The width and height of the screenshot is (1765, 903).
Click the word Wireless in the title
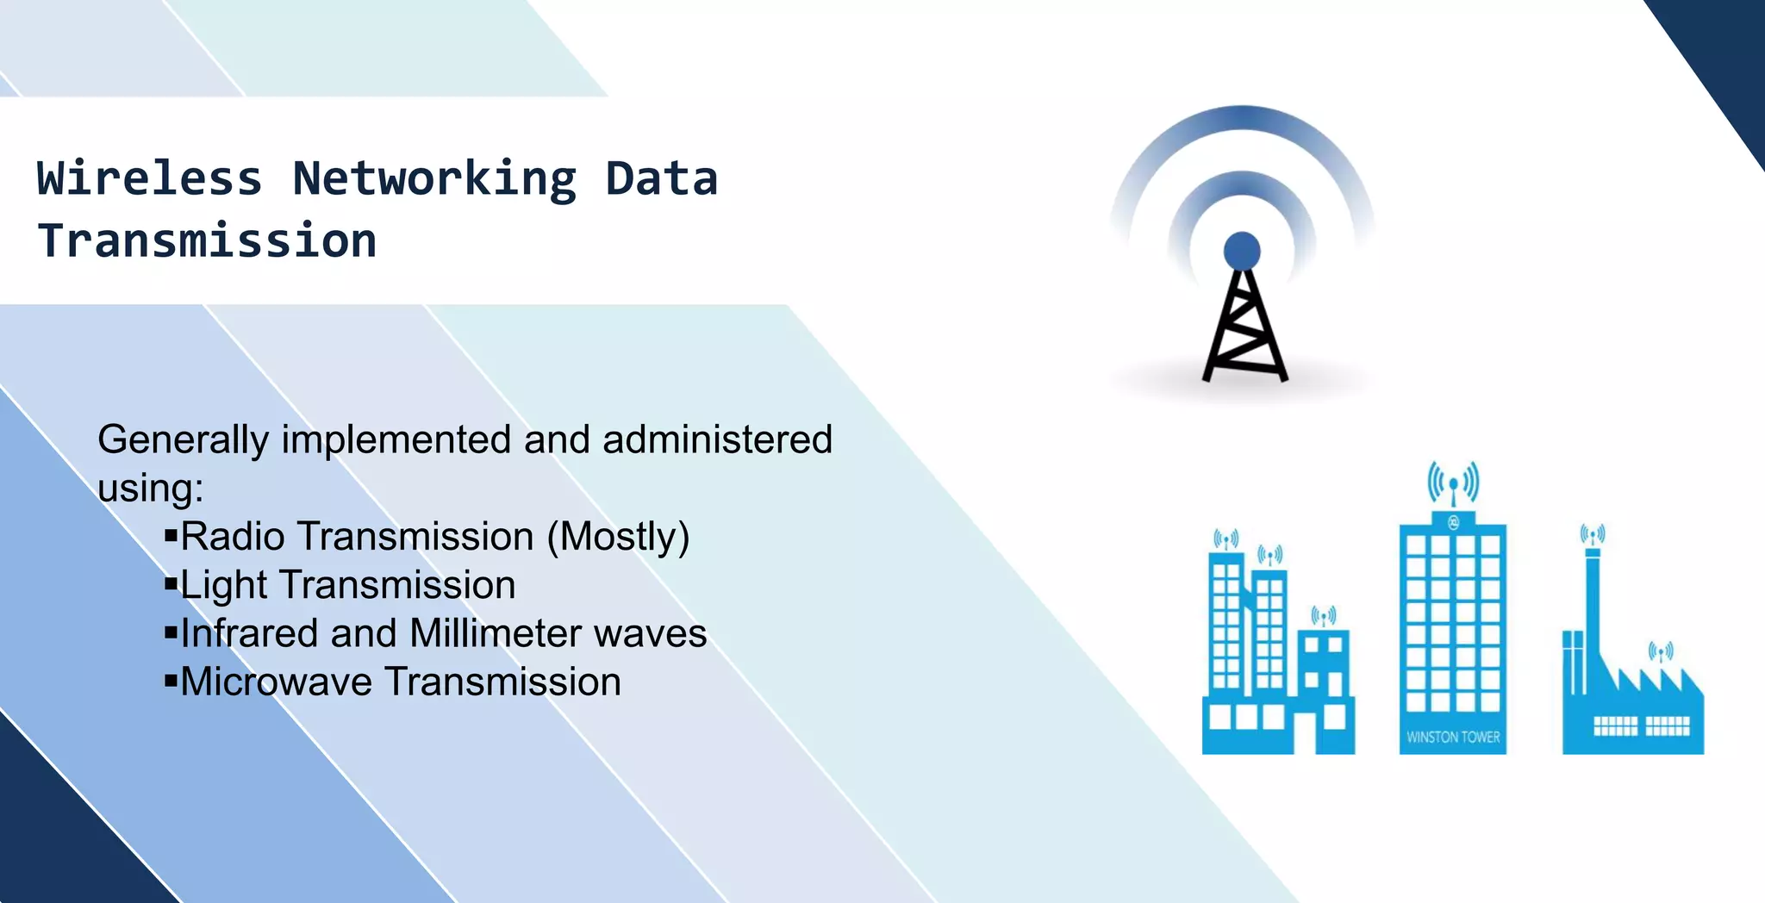click(149, 179)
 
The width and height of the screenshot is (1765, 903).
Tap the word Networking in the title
click(434, 179)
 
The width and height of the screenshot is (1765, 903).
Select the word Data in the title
click(661, 179)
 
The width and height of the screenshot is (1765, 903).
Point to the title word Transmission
click(207, 240)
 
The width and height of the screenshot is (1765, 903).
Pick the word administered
click(717, 439)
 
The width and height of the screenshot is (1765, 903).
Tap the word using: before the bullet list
click(150, 489)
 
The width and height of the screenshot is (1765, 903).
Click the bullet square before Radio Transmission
click(171, 537)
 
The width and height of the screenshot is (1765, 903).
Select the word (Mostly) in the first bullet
click(618, 537)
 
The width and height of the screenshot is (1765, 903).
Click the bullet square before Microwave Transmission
click(171, 682)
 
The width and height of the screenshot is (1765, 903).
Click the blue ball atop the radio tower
click(1242, 251)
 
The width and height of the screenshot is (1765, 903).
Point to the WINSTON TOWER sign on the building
click(1453, 738)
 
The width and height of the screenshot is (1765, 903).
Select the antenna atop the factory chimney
click(1592, 536)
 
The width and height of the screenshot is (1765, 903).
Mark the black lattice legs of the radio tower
click(1244, 332)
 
